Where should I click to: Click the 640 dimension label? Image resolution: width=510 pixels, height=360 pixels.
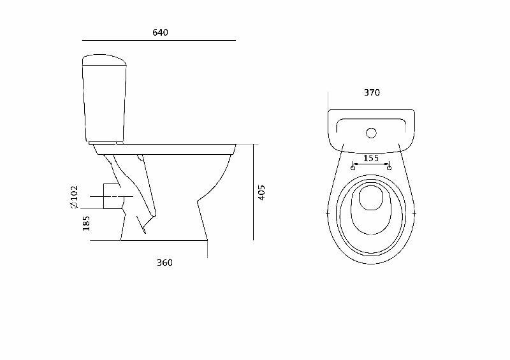point(160,32)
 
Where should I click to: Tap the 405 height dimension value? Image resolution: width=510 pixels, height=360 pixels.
point(261,192)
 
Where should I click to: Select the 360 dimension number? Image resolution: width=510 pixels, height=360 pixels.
point(164,263)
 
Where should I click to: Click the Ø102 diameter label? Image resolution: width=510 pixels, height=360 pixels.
point(74,198)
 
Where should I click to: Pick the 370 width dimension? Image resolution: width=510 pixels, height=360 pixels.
point(372,93)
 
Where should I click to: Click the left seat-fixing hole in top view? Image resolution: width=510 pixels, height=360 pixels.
point(353,168)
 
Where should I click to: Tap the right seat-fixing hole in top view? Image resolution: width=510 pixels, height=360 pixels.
point(389,168)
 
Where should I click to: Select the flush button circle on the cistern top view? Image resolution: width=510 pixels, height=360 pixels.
point(370,134)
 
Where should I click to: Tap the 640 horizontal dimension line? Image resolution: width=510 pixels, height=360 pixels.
point(159,40)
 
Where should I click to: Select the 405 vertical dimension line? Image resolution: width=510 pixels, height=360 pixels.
point(253,192)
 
